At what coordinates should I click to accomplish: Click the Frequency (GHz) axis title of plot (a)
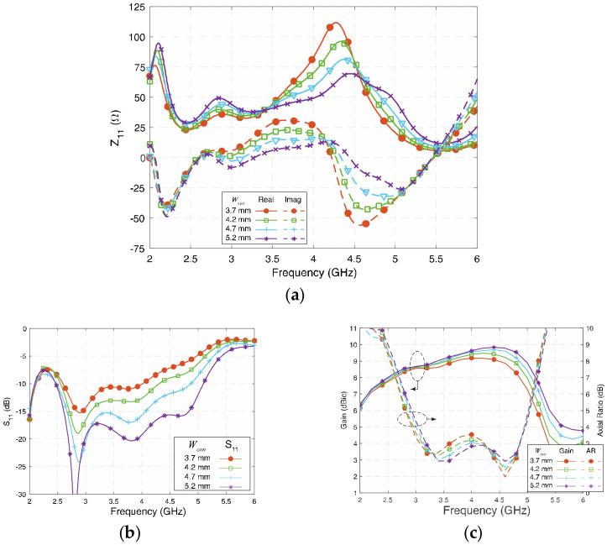(313, 274)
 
